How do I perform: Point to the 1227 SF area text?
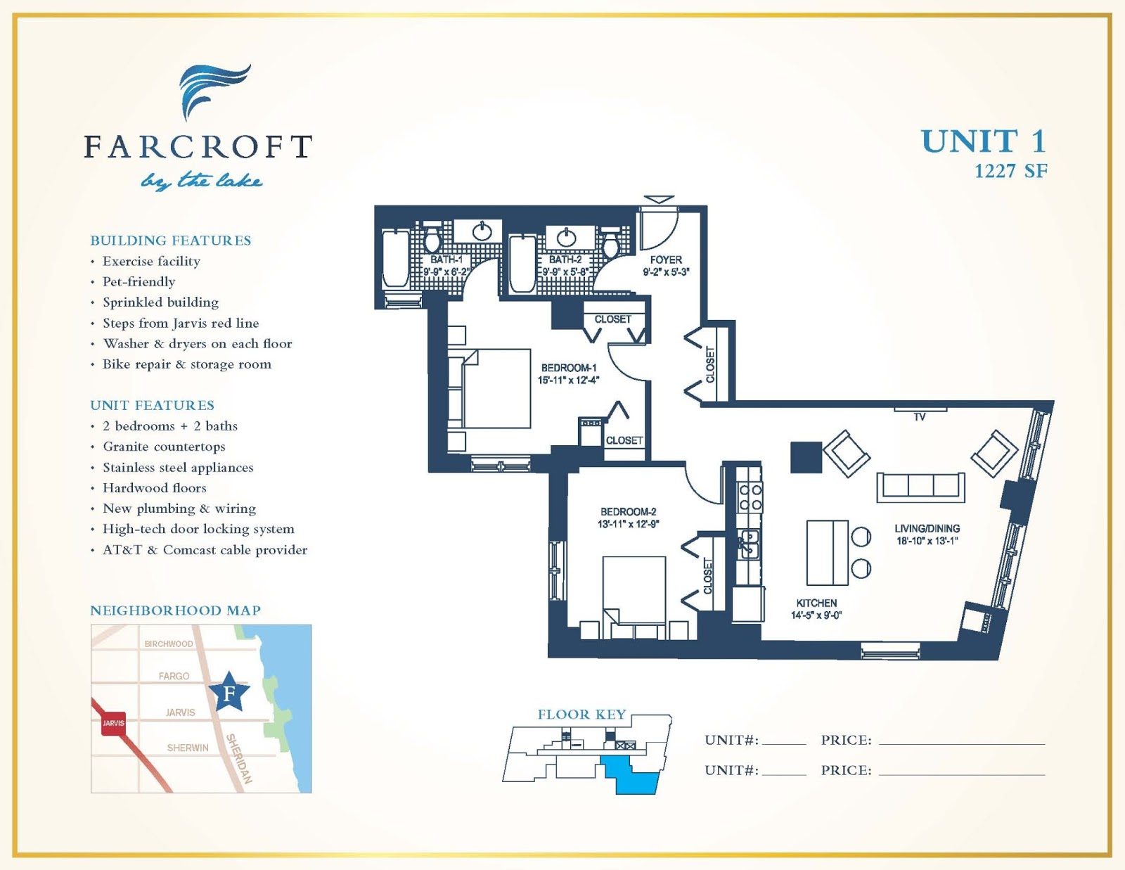click(x=1011, y=172)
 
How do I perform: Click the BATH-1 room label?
click(x=446, y=260)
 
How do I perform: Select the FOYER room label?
click(x=666, y=260)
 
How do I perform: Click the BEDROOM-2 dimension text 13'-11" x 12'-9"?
click(x=628, y=524)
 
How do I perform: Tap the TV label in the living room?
click(x=919, y=417)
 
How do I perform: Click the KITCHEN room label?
click(x=816, y=603)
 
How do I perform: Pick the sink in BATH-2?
click(x=567, y=238)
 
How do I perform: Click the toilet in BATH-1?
click(x=432, y=238)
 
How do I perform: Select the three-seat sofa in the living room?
click(x=920, y=487)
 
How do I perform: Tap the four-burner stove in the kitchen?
click(x=750, y=497)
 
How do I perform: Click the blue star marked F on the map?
click(x=229, y=692)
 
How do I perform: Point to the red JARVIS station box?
click(x=113, y=723)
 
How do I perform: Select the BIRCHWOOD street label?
click(x=169, y=644)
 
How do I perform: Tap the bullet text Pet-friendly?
click(x=139, y=282)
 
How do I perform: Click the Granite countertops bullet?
click(x=164, y=447)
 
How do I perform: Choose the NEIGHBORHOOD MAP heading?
click(x=175, y=610)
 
